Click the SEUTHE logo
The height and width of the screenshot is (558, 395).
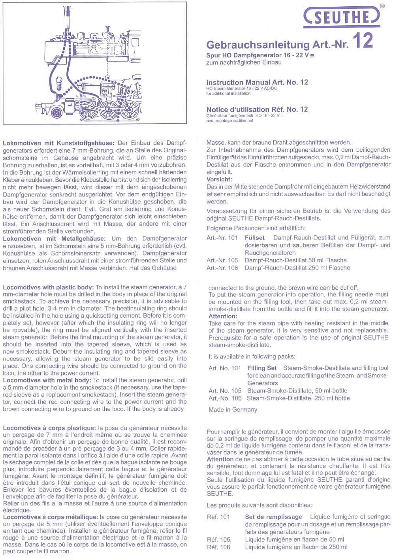(x=342, y=17)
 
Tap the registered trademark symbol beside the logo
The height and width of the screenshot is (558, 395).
(x=382, y=6)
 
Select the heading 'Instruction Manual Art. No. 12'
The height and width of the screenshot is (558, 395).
(x=257, y=82)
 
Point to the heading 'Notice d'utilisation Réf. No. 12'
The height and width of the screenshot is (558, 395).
(x=257, y=109)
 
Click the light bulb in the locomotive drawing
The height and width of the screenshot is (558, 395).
(x=60, y=83)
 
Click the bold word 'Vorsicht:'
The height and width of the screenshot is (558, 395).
(x=219, y=179)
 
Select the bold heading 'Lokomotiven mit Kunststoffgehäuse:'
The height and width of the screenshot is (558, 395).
(x=58, y=143)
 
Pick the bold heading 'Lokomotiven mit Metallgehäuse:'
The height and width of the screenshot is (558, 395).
(x=54, y=239)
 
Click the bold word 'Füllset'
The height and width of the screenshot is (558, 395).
(x=254, y=238)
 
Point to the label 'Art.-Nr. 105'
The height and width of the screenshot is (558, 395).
(x=222, y=260)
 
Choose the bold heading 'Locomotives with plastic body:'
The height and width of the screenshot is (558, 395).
(x=48, y=287)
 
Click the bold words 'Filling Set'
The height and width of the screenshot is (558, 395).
(x=262, y=368)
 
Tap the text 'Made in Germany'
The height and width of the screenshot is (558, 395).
(x=233, y=409)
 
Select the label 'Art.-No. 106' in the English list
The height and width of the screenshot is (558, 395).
(x=225, y=398)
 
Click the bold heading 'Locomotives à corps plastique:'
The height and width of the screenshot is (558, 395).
(x=49, y=428)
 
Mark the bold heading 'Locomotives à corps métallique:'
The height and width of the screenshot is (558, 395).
(x=51, y=517)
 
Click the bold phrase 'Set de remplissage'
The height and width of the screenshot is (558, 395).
(x=273, y=517)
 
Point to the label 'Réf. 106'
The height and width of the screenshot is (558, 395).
(x=218, y=547)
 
